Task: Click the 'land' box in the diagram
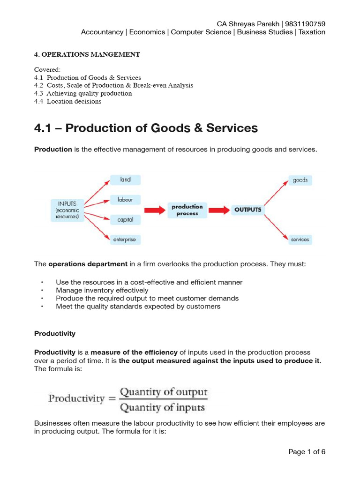[x=125, y=180]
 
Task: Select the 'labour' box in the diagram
[x=125, y=200]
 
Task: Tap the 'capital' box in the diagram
[x=125, y=219]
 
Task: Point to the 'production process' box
[x=187, y=210]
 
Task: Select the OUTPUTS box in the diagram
[x=247, y=210]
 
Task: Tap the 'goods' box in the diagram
[x=300, y=180]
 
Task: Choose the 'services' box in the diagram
[x=300, y=240]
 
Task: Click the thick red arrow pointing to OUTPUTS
[x=218, y=210]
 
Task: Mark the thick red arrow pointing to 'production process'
[x=154, y=210]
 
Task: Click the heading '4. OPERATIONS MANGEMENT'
[x=87, y=54]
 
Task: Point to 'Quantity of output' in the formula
[x=164, y=392]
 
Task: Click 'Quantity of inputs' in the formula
[x=163, y=408]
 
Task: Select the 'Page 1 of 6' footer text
[x=307, y=452]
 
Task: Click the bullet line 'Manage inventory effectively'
[x=102, y=290]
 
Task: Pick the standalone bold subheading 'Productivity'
[x=55, y=334]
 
